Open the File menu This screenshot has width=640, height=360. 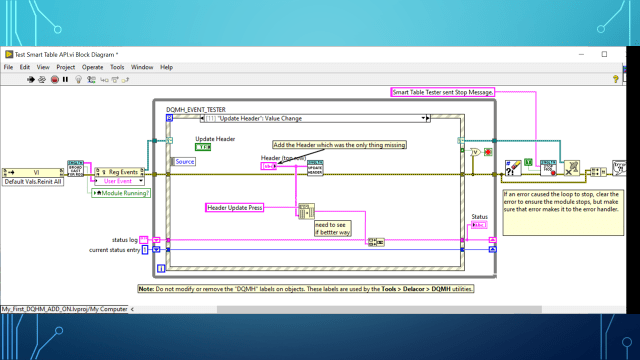point(8,67)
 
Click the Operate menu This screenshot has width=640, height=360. point(92,67)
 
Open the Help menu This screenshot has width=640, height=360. point(166,67)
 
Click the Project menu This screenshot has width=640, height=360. point(66,67)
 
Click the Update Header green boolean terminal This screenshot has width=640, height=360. point(203,147)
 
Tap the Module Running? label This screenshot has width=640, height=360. point(121,192)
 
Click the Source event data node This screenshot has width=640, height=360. point(185,161)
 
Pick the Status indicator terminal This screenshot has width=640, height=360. point(479,225)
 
